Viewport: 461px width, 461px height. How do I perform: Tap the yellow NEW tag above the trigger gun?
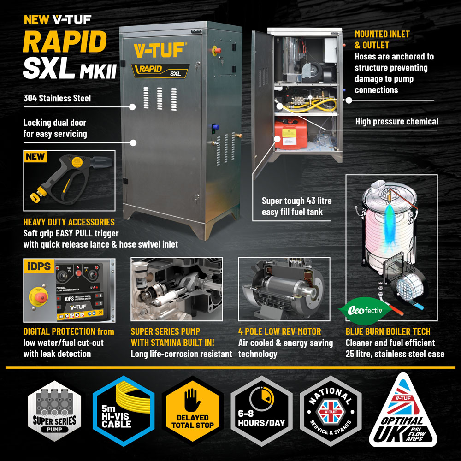35,156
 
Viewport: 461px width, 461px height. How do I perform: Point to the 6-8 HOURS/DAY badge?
261,411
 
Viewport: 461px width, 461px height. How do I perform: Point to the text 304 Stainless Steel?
57,98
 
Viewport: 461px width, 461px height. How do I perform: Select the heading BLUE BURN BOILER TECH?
388,331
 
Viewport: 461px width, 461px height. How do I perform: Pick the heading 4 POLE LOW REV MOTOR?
280,331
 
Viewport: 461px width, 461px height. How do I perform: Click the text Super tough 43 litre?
296,201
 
